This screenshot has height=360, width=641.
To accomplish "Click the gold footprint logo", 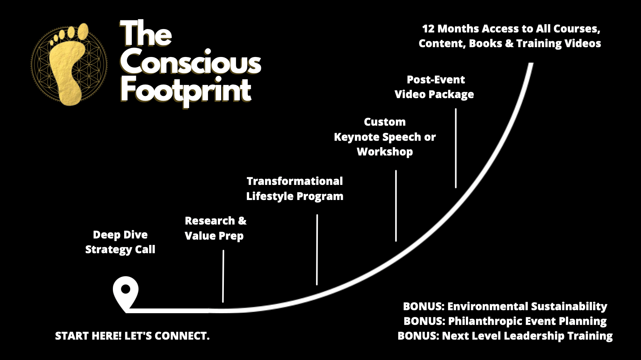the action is point(69,65).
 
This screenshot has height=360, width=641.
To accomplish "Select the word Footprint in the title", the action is point(186,91).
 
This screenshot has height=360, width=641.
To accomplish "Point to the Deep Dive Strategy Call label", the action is point(120,242).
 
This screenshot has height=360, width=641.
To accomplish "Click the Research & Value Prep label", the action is point(216,228).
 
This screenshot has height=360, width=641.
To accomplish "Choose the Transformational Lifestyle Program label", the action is point(295,189).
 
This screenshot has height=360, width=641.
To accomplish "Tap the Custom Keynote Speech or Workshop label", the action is point(385,137).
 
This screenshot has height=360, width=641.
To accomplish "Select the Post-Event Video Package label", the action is point(435,87).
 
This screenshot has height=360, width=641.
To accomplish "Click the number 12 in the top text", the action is point(428,29).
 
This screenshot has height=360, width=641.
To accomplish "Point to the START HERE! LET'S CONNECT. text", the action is point(132,336).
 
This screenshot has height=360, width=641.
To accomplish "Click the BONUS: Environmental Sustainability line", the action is point(505,306).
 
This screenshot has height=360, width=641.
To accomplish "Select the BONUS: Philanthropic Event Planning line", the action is point(505,321).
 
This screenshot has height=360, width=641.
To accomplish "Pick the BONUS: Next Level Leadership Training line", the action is point(505,336).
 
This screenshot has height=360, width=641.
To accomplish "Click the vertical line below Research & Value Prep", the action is point(223,276).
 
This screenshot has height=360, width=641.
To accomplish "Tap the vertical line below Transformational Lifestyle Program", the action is point(317,250).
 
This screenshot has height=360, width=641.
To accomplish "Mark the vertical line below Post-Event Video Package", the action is point(456,148).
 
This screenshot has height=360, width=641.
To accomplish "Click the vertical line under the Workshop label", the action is point(396,206).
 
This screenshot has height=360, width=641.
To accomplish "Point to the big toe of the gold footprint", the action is point(83,31).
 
